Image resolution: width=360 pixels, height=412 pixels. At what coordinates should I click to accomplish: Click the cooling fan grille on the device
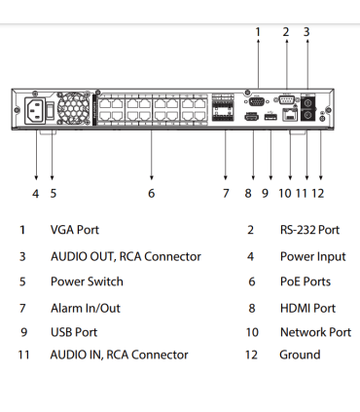point(72,108)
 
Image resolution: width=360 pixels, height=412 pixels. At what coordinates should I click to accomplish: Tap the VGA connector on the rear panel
point(255,98)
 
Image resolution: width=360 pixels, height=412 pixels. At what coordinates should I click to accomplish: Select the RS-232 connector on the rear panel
point(286,98)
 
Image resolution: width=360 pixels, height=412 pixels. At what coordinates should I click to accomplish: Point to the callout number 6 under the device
point(152,193)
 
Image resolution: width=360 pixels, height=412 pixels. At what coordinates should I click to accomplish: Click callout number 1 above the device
point(258,32)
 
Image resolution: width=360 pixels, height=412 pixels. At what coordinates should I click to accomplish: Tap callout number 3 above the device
point(306,32)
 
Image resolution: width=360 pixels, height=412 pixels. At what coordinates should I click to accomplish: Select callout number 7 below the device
point(226,193)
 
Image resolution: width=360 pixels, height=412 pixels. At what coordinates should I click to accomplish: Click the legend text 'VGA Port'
point(75,231)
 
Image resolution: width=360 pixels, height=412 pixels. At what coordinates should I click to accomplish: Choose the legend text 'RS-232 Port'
point(309,231)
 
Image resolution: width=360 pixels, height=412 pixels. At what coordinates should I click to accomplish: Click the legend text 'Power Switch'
point(87,281)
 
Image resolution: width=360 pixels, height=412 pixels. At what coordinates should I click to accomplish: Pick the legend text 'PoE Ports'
point(305,281)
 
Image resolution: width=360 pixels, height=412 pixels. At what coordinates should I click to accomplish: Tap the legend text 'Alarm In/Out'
point(86,308)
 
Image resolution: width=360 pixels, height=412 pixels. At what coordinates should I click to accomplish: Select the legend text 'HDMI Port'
point(306,308)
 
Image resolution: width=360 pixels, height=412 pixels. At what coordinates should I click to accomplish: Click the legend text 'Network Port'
point(315,332)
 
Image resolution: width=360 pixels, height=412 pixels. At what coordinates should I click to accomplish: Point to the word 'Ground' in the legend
point(300,355)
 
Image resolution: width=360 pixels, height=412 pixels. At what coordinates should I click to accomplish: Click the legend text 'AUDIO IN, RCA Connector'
point(119,355)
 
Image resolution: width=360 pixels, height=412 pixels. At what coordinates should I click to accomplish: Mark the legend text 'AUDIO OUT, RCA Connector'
point(126,256)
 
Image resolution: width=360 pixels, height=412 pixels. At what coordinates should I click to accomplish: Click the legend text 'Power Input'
point(312,256)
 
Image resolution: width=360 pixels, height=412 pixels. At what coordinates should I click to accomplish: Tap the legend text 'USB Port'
point(74,332)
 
